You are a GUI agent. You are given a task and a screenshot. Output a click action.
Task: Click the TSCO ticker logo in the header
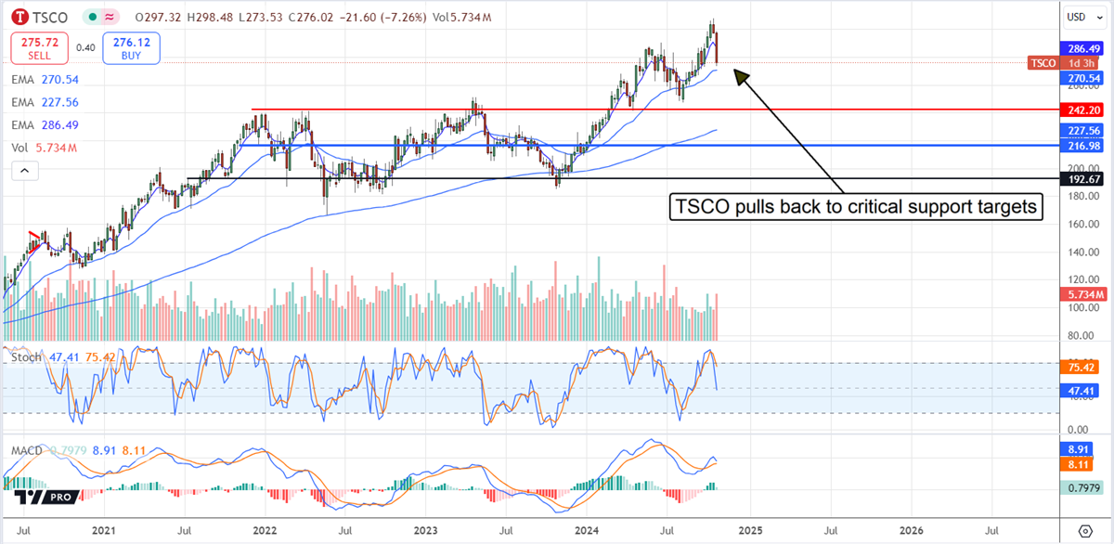pyautogui.click(x=19, y=17)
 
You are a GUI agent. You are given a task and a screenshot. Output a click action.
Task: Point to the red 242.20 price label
pyautogui.click(x=1082, y=110)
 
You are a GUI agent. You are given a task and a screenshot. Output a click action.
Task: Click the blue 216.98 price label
pyautogui.click(x=1082, y=146)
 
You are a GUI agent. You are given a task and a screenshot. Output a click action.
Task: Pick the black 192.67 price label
pyautogui.click(x=1082, y=178)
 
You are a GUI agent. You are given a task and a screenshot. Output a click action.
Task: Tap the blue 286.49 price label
pyautogui.click(x=1082, y=48)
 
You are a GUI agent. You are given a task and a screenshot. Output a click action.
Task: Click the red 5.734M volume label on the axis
pyautogui.click(x=1082, y=294)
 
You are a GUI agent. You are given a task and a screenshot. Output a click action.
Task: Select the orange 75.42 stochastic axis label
pyautogui.click(x=1082, y=368)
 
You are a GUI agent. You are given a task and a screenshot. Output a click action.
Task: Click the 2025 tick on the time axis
pyautogui.click(x=750, y=531)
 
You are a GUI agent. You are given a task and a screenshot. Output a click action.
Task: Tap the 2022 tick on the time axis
pyautogui.click(x=265, y=531)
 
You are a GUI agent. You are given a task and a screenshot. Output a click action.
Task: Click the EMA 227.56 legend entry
pyautogui.click(x=45, y=103)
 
